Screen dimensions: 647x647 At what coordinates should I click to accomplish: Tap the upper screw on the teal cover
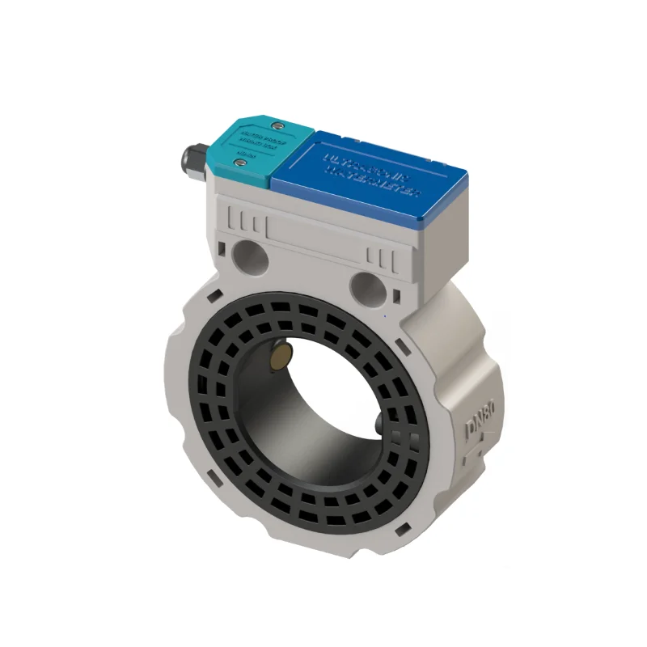(x=277, y=125)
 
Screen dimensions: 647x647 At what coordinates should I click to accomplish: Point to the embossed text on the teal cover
(x=254, y=141)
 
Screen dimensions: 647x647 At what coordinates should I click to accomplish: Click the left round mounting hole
(x=248, y=257)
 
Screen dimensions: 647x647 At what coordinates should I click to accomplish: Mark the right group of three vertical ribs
(x=381, y=258)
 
